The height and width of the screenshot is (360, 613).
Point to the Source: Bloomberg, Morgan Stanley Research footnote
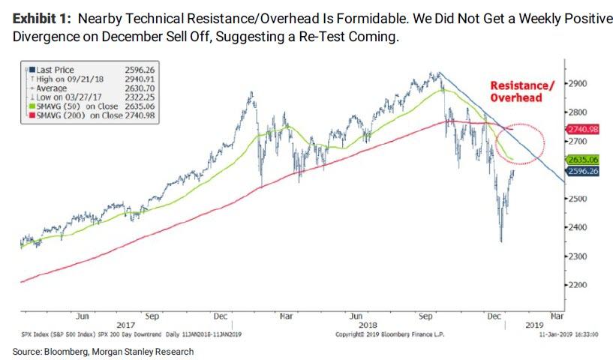tap(103, 351)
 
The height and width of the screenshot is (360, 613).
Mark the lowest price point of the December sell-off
tap(500, 241)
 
